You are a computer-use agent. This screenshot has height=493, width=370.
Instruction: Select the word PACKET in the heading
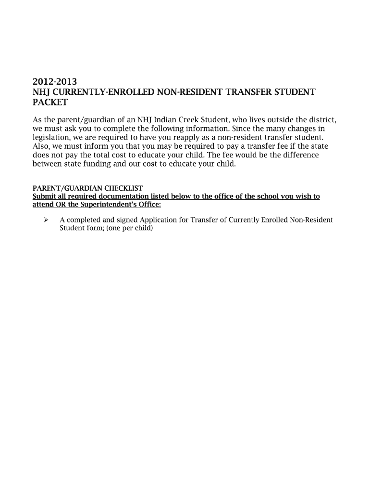pos(50,103)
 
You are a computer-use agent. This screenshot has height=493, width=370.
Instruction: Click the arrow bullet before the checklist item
pos(46,220)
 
